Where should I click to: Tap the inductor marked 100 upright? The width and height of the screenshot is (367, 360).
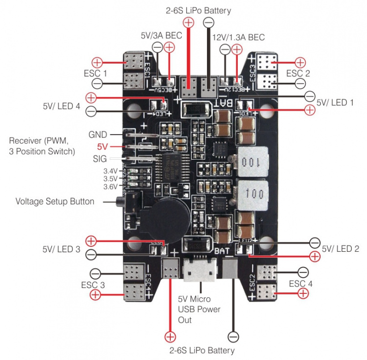[252, 192]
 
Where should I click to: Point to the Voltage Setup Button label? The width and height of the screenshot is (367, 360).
[55, 201]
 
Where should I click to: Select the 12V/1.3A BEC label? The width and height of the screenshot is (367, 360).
[238, 38]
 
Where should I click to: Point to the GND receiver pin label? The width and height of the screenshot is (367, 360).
[97, 134]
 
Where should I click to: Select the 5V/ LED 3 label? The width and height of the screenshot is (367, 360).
[61, 249]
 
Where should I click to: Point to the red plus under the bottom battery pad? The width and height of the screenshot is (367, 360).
[170, 336]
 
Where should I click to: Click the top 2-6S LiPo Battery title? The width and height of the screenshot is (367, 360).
[199, 10]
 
